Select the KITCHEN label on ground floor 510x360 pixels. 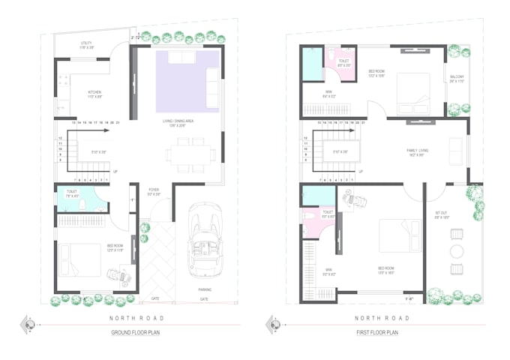click(x=94, y=93)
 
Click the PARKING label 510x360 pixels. click(x=204, y=289)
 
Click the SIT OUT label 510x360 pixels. click(x=442, y=213)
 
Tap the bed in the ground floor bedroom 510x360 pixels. click(x=79, y=259)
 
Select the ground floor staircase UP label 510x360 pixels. click(x=115, y=172)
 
